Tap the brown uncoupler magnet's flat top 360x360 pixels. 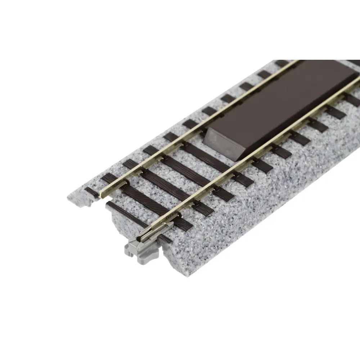(x=284, y=104)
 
